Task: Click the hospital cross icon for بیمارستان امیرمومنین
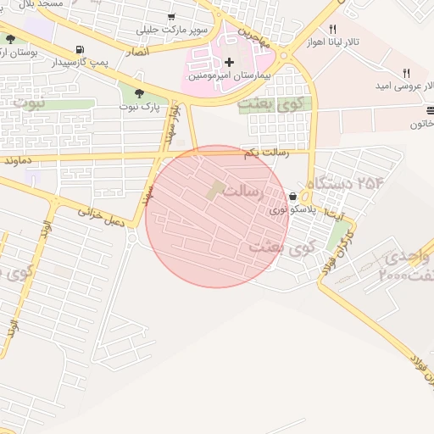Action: click(229, 62)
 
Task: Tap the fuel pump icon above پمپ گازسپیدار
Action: click(80, 49)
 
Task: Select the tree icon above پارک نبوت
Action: click(139, 93)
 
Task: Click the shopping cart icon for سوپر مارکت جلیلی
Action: click(172, 17)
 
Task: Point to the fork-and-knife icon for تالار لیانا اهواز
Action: click(333, 29)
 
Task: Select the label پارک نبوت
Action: click(139, 107)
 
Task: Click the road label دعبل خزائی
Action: click(101, 218)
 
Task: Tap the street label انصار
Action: click(136, 52)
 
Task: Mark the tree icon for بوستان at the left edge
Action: click(10, 40)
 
